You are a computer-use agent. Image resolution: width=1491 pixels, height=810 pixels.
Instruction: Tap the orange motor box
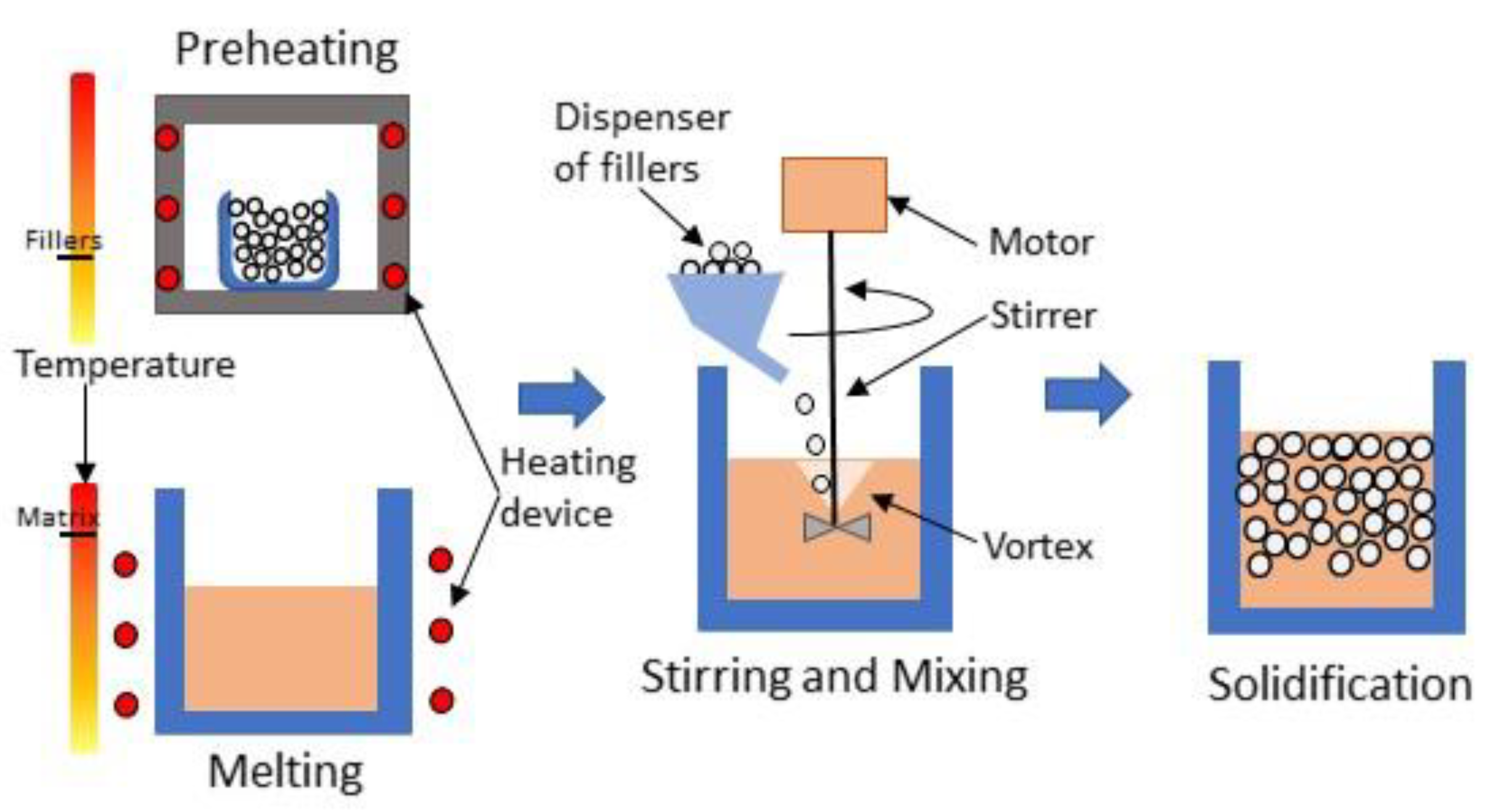click(x=834, y=195)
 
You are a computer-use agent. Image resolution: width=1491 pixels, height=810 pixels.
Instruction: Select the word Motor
click(x=1041, y=242)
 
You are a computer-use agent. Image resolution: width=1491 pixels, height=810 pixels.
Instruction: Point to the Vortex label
click(x=1038, y=547)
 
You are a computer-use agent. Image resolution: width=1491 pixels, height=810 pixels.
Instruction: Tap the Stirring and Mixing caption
click(x=834, y=677)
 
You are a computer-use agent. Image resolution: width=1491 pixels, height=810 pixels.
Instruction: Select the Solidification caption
click(x=1339, y=685)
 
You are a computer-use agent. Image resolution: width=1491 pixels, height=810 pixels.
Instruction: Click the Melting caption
click(x=285, y=772)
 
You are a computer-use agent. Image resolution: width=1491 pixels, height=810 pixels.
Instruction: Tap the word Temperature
click(x=125, y=364)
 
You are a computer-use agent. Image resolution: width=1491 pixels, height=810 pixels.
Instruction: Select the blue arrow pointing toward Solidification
click(x=1087, y=395)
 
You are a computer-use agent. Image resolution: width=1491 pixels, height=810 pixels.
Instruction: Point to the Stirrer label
click(x=1043, y=316)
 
